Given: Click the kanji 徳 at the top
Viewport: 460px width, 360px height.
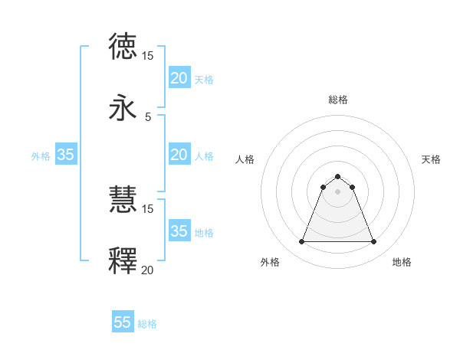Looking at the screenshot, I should pos(123,46).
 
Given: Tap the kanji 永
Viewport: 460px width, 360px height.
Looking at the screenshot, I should pos(123,108).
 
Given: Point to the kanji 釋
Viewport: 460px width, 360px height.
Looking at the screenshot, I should pos(123,260).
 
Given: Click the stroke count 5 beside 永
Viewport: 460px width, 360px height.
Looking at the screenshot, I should pos(148,116).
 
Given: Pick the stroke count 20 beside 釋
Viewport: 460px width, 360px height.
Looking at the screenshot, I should pos(147,270).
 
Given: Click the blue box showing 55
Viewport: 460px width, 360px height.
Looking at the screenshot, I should pos(123,322).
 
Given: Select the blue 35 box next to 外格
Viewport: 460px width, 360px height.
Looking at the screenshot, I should pos(65,155).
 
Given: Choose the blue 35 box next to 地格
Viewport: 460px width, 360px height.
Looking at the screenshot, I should pos(179,231).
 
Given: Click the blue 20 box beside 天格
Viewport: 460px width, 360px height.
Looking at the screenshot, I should pos(179,78).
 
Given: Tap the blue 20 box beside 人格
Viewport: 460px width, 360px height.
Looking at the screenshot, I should pos(179,155).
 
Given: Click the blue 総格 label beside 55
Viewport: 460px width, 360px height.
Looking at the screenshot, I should pos(147,324).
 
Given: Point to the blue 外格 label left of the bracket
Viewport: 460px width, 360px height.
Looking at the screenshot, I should pos(41,156).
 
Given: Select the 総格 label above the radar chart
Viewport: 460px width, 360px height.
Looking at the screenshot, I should pos(337,100).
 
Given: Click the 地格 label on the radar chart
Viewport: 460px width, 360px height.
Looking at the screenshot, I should pos(402,263).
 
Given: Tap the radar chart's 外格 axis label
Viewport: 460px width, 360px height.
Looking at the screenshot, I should pos(270,263).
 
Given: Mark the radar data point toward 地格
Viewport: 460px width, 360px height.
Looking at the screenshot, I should pos(374,242).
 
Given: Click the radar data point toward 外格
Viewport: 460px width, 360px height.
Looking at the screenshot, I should pos(301,242).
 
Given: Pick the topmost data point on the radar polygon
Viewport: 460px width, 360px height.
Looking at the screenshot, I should pos(337,177).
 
